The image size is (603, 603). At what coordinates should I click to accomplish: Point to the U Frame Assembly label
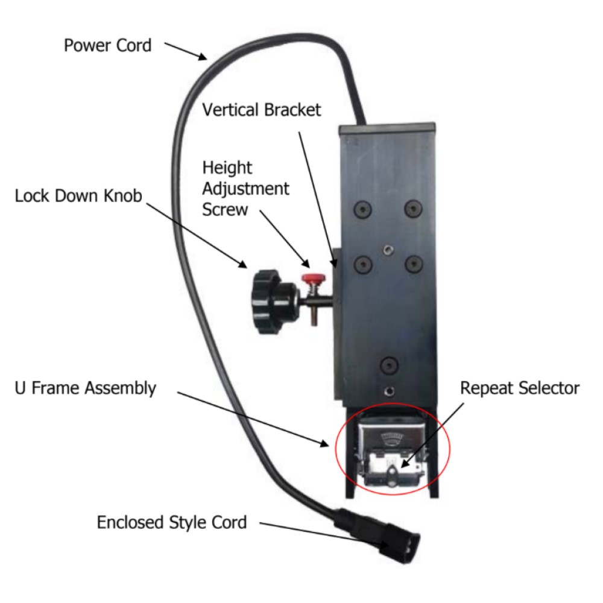(84, 388)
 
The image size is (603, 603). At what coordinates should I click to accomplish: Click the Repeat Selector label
(519, 388)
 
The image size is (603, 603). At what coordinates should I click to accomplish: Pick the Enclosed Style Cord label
(172, 522)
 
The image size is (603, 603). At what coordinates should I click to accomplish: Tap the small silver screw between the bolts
(385, 249)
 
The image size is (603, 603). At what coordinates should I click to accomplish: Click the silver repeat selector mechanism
(392, 455)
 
